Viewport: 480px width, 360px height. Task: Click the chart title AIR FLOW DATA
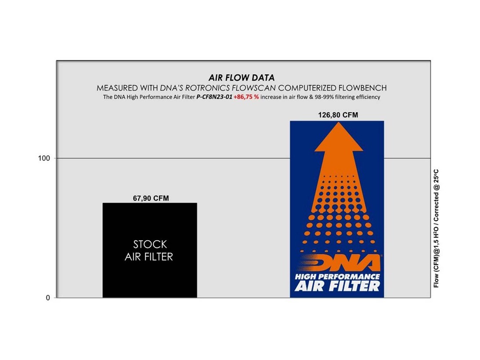click(x=242, y=77)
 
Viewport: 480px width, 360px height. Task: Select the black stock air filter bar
click(x=150, y=250)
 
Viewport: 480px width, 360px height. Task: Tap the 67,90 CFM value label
click(x=151, y=198)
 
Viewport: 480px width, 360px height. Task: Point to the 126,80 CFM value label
click(x=338, y=115)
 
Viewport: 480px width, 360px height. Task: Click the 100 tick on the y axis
click(x=44, y=158)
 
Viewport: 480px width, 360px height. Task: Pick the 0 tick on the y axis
click(x=48, y=298)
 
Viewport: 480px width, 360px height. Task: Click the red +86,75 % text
click(x=246, y=97)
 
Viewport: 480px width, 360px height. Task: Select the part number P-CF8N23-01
click(x=214, y=97)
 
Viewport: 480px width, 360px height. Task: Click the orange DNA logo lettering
click(x=340, y=263)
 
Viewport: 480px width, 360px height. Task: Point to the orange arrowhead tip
click(x=339, y=122)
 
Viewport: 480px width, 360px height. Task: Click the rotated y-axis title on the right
click(x=436, y=228)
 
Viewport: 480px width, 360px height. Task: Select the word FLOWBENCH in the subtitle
click(x=362, y=88)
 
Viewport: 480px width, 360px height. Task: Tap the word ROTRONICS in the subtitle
click(x=207, y=88)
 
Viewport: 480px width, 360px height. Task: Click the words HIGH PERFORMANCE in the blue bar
click(x=337, y=277)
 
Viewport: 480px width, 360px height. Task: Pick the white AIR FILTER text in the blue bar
click(x=337, y=286)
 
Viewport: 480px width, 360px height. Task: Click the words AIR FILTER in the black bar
click(x=149, y=257)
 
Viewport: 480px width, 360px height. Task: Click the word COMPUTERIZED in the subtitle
click(x=307, y=88)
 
